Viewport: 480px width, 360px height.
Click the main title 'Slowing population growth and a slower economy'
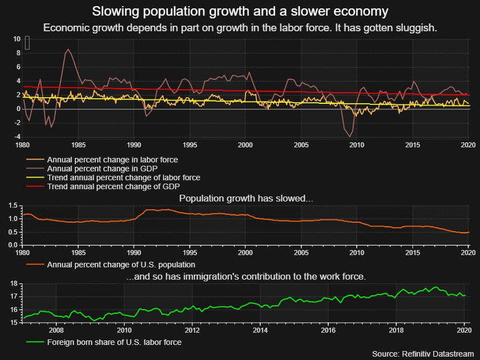pos(240,12)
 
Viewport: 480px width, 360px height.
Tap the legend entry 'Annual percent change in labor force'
pos(112,160)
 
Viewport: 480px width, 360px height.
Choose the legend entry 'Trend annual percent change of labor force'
pos(123,177)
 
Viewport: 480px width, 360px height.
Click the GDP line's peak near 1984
pos(68,50)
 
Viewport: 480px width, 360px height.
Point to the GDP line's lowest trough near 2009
pos(350,136)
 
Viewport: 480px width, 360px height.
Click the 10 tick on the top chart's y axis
pos(17,39)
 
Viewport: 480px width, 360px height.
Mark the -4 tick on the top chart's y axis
pos(17,137)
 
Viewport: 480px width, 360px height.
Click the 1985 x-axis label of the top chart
pos(78,145)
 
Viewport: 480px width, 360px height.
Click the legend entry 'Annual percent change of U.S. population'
pos(121,264)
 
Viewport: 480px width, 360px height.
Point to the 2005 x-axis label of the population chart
pos(301,252)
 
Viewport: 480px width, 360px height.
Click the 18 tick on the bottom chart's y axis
pos(15,284)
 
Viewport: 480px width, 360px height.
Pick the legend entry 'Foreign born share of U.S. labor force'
pos(114,342)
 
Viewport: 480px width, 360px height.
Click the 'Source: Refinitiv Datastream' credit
pos(423,354)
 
